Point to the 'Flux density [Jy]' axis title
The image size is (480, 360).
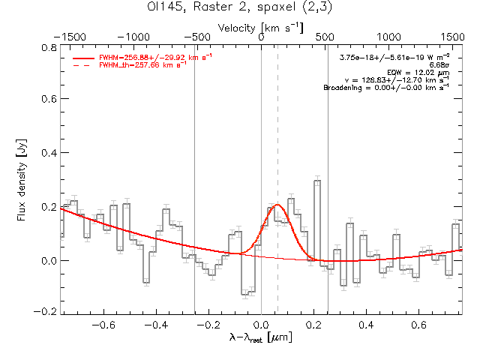(22, 178)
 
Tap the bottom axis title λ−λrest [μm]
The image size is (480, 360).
(261, 338)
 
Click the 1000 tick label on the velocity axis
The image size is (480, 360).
(388, 36)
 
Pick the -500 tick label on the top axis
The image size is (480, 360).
(196, 36)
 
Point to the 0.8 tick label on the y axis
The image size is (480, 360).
(46, 46)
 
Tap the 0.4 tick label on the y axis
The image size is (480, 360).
(46, 153)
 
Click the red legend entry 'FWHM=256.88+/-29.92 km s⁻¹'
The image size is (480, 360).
(139, 57)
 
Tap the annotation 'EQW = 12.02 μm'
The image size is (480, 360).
(419, 72)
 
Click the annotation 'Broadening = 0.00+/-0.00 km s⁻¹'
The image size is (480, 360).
(385, 88)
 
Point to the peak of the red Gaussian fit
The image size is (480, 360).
(277, 204)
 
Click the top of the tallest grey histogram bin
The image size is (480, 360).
(317, 181)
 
